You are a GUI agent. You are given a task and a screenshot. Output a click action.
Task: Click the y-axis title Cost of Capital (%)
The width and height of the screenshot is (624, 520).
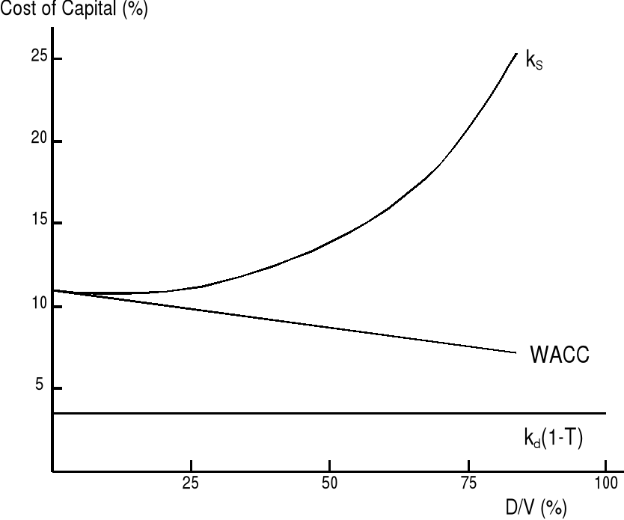tap(73, 12)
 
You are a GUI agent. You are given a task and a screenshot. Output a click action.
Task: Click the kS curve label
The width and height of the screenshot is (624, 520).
tap(534, 61)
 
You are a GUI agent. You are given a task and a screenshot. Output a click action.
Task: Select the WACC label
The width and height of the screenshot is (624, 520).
tap(560, 355)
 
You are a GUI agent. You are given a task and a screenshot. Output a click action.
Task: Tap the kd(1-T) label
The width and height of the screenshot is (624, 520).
tap(553, 438)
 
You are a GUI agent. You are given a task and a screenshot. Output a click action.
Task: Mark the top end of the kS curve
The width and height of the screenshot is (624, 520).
tap(516, 53)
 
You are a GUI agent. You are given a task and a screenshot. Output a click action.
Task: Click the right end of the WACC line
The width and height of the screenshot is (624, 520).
tap(516, 352)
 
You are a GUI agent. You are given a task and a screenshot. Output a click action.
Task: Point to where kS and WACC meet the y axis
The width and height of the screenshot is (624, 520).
tap(53, 290)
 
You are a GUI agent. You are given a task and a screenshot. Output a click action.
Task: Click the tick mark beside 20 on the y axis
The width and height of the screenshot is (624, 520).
tap(57, 141)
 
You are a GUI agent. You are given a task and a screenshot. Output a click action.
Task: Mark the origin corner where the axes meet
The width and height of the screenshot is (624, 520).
tap(53, 471)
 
